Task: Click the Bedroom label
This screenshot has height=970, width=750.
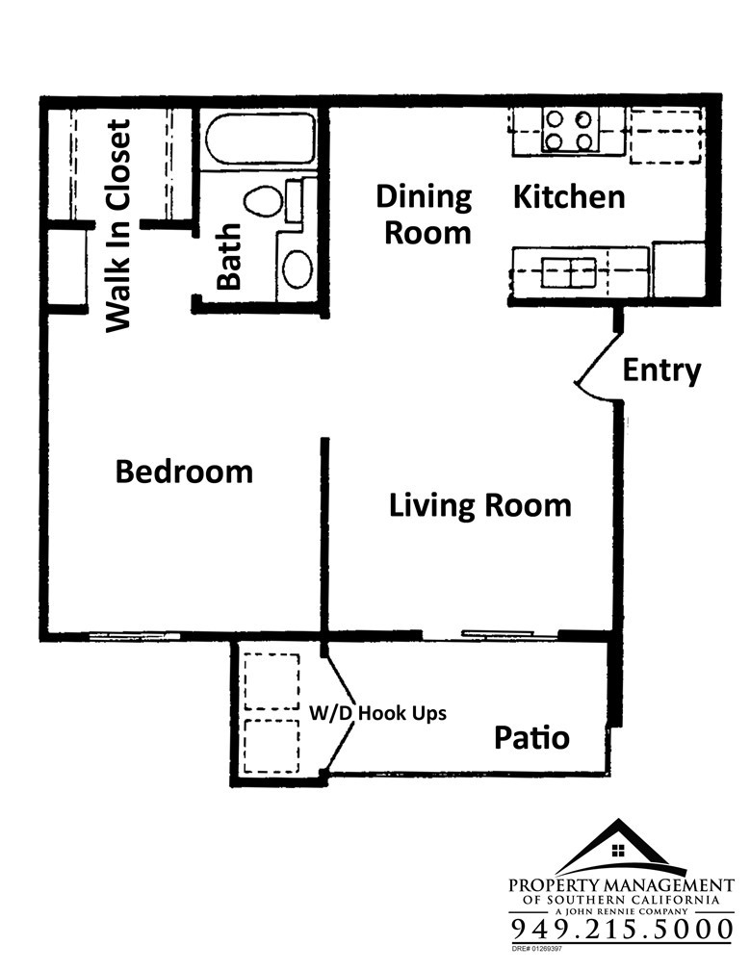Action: tap(185, 472)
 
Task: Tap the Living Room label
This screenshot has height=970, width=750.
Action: tap(480, 505)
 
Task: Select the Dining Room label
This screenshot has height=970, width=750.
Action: tap(425, 215)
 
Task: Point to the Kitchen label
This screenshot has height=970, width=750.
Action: tap(569, 196)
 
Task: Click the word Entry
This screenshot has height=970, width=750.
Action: tap(661, 370)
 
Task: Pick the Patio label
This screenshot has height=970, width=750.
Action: tap(531, 737)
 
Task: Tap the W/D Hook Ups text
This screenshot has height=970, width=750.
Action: tap(377, 713)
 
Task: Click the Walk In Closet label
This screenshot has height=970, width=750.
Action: tap(118, 226)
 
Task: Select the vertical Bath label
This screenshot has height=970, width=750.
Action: tap(229, 257)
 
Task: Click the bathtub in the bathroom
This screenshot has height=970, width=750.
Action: tap(260, 139)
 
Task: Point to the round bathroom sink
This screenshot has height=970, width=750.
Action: tap(297, 268)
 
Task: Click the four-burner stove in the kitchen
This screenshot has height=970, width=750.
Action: tap(569, 130)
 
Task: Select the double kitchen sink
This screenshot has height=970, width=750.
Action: tap(569, 273)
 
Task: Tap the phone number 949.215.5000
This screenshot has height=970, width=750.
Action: tap(622, 930)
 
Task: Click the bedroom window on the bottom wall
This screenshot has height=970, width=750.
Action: tap(134, 636)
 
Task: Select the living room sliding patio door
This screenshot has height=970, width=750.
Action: tap(490, 635)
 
